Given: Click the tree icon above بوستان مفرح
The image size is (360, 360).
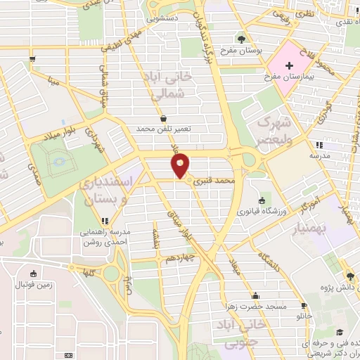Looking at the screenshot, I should pos(243,38).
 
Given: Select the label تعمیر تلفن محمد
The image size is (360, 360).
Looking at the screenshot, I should pos(164,129).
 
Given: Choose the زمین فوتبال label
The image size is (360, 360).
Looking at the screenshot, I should pos(33,285).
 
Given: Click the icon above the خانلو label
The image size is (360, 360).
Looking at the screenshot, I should pos(304,306).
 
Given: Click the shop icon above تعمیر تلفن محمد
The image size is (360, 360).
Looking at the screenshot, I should pos(164,118).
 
